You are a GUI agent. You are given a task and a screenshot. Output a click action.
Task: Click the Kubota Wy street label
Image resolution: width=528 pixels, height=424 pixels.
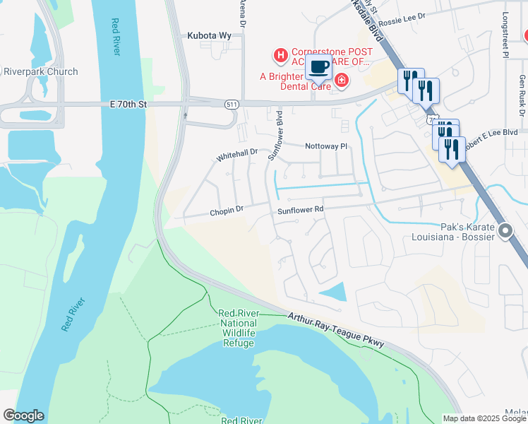click(210, 35)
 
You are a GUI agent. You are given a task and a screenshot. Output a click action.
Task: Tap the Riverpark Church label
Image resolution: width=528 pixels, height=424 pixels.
click(41, 72)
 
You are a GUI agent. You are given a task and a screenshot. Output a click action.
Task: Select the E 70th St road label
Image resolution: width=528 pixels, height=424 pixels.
click(128, 104)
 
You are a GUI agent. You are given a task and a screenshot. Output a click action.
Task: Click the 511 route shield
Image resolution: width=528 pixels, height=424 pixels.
click(231, 105)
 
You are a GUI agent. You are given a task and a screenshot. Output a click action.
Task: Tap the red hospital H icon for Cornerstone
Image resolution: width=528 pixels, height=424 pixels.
click(281, 54)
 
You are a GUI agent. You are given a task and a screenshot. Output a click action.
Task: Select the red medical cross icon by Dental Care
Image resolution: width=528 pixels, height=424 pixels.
click(341, 81)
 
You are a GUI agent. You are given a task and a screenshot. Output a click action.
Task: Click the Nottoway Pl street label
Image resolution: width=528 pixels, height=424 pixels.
click(327, 146)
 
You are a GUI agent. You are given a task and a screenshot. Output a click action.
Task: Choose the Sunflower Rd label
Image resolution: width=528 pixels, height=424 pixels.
click(300, 210)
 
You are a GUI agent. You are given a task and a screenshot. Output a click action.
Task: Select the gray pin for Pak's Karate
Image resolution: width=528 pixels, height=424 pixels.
click(505, 231)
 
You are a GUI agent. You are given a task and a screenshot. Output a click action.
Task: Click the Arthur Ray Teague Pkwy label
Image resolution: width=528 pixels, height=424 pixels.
click(336, 331)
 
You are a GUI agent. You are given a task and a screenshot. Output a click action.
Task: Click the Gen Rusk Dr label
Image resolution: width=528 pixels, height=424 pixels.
click(522, 95)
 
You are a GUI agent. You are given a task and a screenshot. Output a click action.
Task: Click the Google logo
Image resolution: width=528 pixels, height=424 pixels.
click(23, 416)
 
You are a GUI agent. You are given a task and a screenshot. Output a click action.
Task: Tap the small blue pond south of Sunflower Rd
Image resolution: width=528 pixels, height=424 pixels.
click(334, 291)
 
